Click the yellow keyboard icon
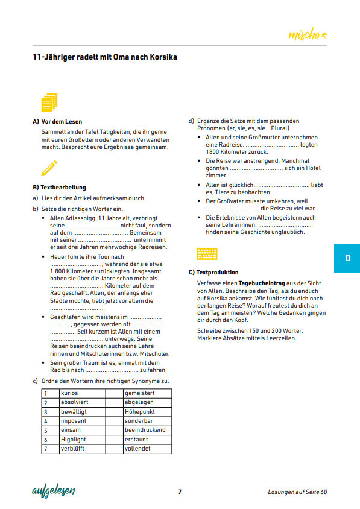[x=207, y=253]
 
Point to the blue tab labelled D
[x=347, y=258]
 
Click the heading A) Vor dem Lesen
[x=57, y=121]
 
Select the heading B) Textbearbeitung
[x=59, y=188]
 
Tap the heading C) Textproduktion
[x=213, y=273]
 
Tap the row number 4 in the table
[x=45, y=421]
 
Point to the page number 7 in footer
[x=180, y=492]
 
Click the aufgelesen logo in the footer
[x=53, y=491]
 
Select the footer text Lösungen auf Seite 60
[x=297, y=492]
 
